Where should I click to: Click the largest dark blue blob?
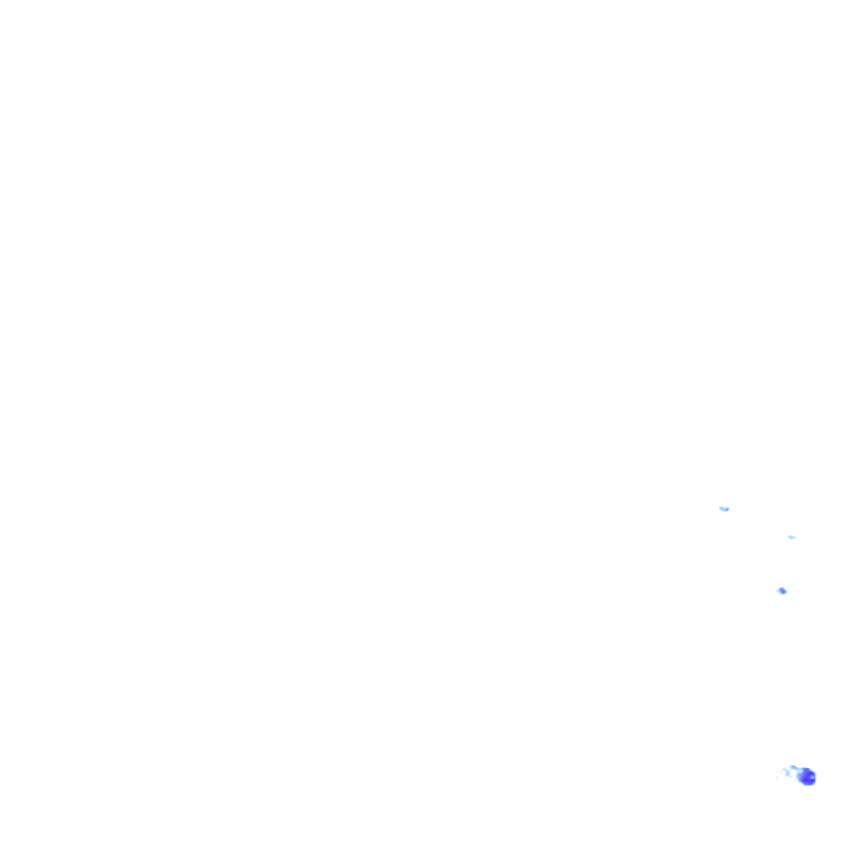[x=807, y=776]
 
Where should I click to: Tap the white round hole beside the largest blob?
[x=794, y=773]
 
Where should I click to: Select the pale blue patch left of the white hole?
[x=787, y=774]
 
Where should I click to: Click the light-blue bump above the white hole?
[x=793, y=766]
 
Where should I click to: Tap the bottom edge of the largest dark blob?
[x=807, y=785]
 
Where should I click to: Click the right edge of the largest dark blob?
[x=816, y=777]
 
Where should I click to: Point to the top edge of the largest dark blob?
[x=806, y=768]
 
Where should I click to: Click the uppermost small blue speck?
[x=724, y=509]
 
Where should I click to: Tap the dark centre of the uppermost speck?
[x=725, y=510]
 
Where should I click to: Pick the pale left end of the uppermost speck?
[x=720, y=508]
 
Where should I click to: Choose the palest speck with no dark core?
[x=791, y=537]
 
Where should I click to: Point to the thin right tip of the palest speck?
[x=796, y=537]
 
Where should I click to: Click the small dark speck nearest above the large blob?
[x=782, y=590]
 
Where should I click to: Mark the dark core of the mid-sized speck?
[x=783, y=591]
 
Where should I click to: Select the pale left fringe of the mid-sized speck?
[x=778, y=590]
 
